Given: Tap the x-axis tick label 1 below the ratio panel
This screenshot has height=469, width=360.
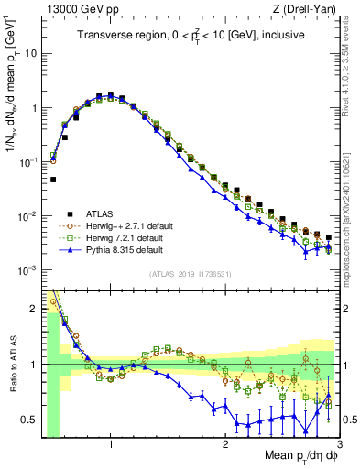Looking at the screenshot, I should pos(111,444).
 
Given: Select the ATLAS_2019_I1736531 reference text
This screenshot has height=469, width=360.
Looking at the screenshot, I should pos(191,274).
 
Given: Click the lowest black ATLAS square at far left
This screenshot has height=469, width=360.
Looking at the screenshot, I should pos(54,180).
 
